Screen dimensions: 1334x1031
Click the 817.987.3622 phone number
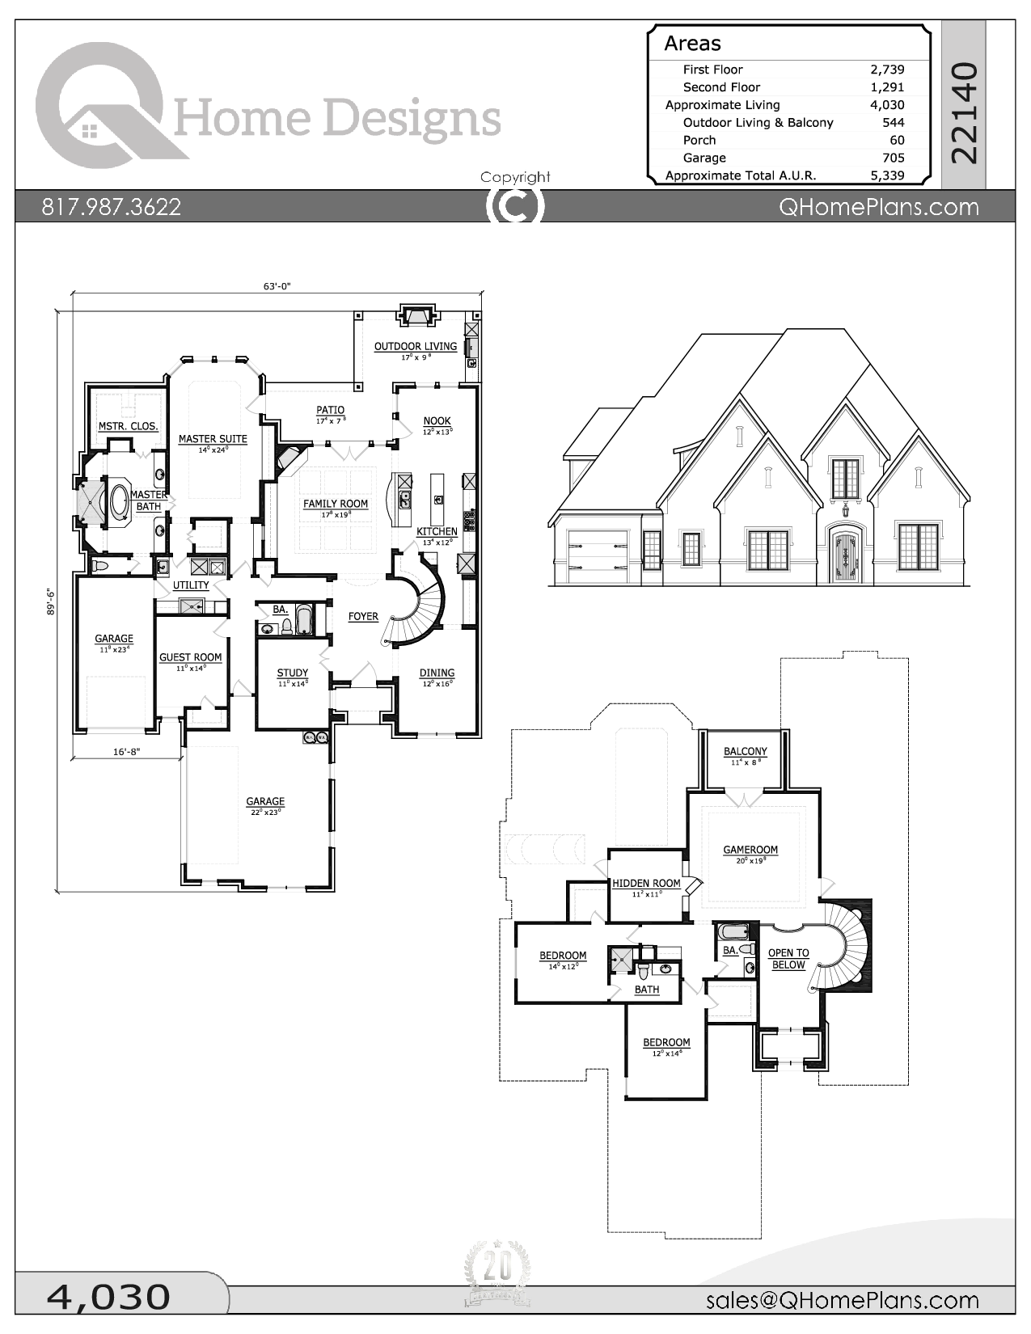pyautogui.click(x=112, y=207)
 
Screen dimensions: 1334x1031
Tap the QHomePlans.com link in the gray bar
pyautogui.click(x=878, y=207)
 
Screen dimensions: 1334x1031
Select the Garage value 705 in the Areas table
pyautogui.click(x=893, y=158)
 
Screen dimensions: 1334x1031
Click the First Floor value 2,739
pyautogui.click(x=887, y=70)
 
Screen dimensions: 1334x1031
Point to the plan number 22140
pyautogui.click(x=964, y=113)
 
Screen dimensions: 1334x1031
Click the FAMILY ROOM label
pyautogui.click(x=336, y=504)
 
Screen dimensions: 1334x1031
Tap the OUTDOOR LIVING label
pyautogui.click(x=415, y=346)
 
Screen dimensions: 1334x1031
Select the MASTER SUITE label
pyautogui.click(x=213, y=439)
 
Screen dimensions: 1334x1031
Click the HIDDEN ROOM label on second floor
pyautogui.click(x=646, y=884)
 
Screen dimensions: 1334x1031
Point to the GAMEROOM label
pyautogui.click(x=750, y=850)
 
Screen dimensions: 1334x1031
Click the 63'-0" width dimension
pyautogui.click(x=277, y=285)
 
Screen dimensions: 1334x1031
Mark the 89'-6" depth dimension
pyautogui.click(x=51, y=602)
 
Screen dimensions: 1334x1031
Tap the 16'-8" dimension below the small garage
pyautogui.click(x=126, y=752)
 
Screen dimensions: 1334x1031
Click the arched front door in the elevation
pyautogui.click(x=845, y=555)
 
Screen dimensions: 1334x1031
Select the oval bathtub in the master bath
pyautogui.click(x=119, y=502)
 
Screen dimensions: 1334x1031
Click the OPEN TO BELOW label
pyautogui.click(x=788, y=959)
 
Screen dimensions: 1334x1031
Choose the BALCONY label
pyautogui.click(x=745, y=751)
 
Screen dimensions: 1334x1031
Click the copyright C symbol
pyautogui.click(x=515, y=205)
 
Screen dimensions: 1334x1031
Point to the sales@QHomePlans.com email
pyautogui.click(x=842, y=1300)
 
